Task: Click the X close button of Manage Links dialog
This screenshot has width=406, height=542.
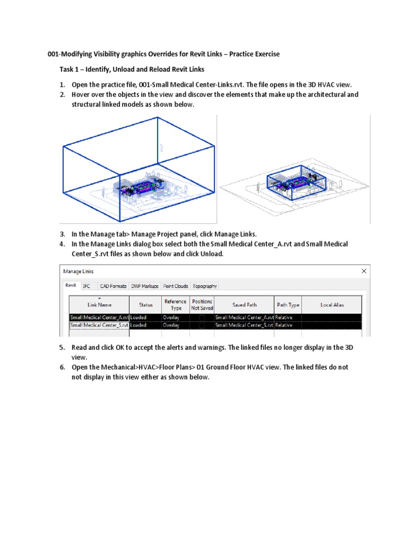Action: point(364,271)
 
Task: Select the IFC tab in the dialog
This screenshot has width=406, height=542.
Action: point(86,286)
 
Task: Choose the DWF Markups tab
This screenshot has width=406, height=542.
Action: point(145,286)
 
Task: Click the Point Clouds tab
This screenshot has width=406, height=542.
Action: point(176,286)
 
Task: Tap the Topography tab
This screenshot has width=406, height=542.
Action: point(205,286)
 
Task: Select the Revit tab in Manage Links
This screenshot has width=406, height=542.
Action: point(70,285)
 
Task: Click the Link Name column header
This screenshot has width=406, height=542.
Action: point(99,304)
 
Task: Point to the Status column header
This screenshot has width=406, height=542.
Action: point(145,304)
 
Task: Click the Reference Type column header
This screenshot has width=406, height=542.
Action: point(175,304)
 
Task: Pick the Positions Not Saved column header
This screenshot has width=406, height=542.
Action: point(202,304)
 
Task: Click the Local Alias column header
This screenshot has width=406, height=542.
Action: point(332,304)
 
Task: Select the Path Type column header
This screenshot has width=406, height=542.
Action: point(288,304)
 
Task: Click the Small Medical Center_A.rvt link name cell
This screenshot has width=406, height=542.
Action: point(99,318)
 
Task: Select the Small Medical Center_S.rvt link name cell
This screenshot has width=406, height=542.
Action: point(99,326)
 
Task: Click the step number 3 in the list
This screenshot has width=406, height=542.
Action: point(62,234)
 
